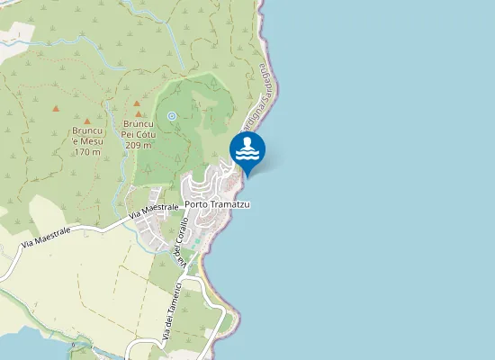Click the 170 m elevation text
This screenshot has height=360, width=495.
pyautogui.click(x=86, y=152)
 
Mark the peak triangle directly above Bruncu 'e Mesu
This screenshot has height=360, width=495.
pyautogui.click(x=87, y=121)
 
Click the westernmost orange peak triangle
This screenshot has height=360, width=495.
pyautogui.click(x=56, y=109)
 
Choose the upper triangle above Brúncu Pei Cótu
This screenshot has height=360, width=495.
pyautogui.click(x=137, y=103)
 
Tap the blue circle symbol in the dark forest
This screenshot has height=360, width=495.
pyautogui.click(x=171, y=115)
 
